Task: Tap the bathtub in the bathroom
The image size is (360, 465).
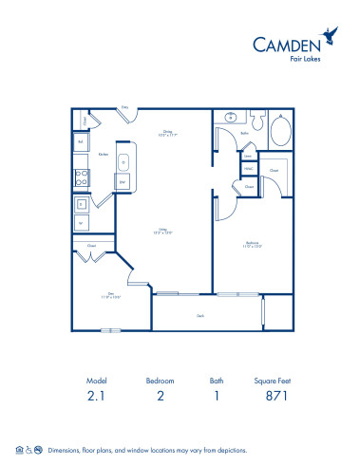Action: click(x=282, y=130)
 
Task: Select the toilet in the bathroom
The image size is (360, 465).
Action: click(x=257, y=120)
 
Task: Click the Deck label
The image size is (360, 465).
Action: click(x=201, y=315)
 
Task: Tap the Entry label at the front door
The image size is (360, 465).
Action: click(x=124, y=108)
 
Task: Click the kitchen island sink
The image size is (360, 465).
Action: click(x=124, y=163)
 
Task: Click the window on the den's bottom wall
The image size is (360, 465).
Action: click(x=112, y=330)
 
